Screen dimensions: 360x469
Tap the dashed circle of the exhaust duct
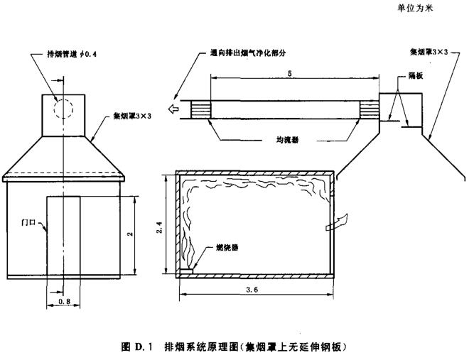pos(63,111)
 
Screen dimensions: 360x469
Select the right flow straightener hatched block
pos(370,109)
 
